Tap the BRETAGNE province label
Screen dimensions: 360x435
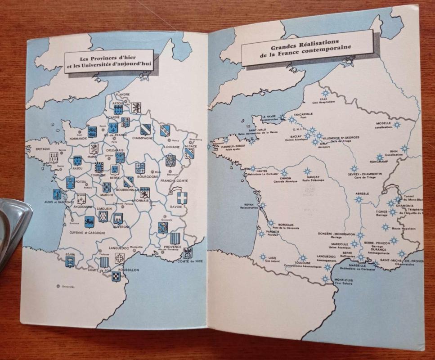[43, 148]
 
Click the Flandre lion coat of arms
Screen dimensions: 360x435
[136, 107]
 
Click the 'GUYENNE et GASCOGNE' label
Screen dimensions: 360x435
[87, 232]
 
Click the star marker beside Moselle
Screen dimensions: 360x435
[396, 124]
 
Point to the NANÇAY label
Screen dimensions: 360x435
[308, 178]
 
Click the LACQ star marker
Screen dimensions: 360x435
[263, 256]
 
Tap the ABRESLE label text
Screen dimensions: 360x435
[362, 193]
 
